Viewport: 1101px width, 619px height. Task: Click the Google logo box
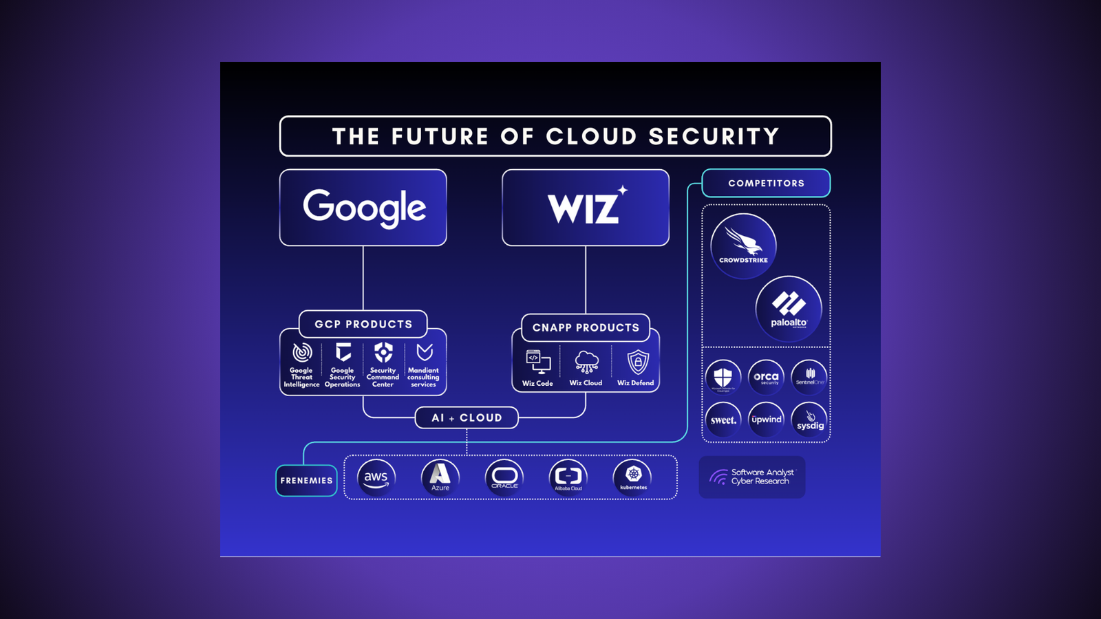coord(363,208)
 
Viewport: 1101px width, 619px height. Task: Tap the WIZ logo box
coord(586,208)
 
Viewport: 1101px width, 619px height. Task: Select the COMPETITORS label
coord(766,183)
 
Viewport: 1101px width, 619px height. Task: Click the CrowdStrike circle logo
coord(743,246)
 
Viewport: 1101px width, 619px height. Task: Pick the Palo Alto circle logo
coord(789,309)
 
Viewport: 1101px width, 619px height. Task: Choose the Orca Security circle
coord(766,378)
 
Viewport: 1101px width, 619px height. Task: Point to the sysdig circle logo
coord(809,420)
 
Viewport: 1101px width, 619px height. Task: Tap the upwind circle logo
coord(766,420)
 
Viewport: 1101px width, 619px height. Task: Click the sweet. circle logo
coord(723,420)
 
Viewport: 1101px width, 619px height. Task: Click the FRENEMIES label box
coord(306,481)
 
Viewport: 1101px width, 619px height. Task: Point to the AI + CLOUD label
coord(467,417)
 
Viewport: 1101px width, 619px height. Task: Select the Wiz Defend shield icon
coord(638,362)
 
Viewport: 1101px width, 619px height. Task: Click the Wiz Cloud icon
coord(586,361)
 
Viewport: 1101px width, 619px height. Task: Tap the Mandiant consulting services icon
coord(425,353)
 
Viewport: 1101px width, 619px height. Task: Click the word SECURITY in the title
coord(714,136)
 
